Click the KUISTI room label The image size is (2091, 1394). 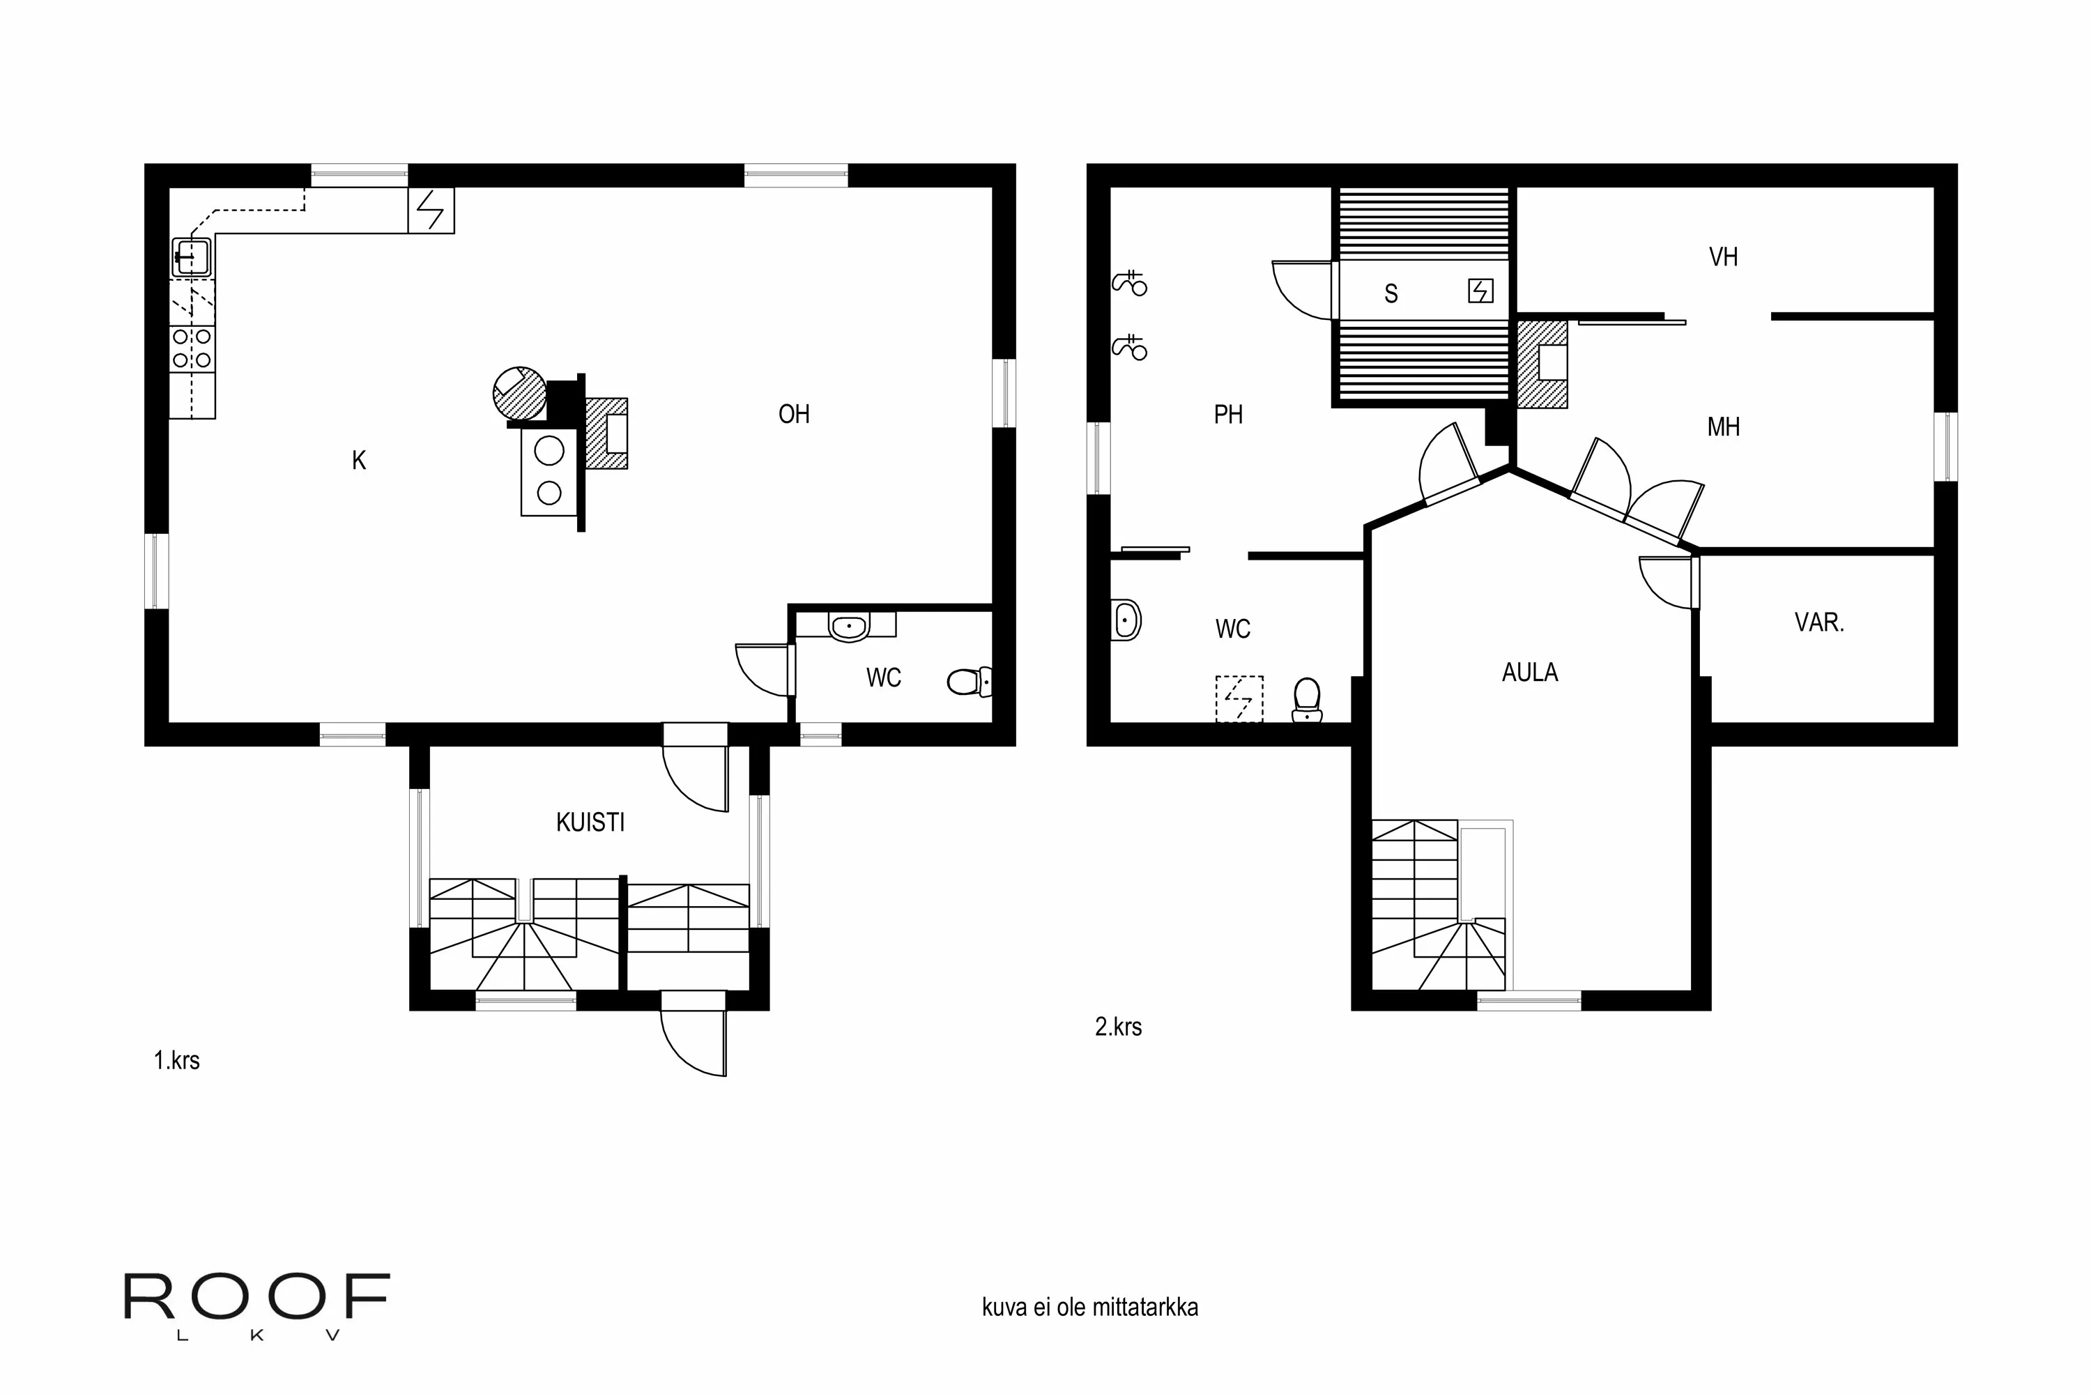pos(590,822)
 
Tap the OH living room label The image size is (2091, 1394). pos(794,414)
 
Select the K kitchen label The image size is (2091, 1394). pos(359,461)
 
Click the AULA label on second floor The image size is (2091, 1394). pos(1529,672)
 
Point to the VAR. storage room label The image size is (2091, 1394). pos(1819,622)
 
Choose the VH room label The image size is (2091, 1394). pos(1723,258)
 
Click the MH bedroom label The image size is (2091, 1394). pos(1723,427)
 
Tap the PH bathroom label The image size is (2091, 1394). pos(1227,414)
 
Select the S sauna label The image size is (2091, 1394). pos(1391,293)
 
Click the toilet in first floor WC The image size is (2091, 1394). pos(967,682)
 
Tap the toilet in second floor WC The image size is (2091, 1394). pos(1307,699)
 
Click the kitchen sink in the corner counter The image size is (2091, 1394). pos(191,257)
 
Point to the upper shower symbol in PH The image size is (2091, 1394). pos(1130,283)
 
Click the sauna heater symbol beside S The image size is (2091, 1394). pos(1480,291)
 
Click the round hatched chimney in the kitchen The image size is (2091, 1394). pos(520,393)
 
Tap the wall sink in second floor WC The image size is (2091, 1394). pos(1126,620)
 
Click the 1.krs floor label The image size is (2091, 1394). pos(177,1061)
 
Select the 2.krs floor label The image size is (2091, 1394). pos(1117,1027)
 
